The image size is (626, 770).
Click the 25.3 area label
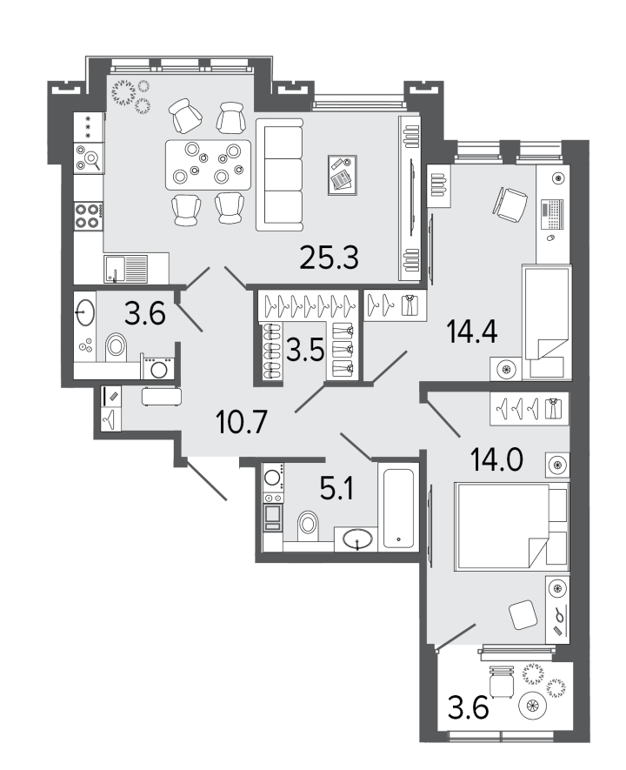(330, 258)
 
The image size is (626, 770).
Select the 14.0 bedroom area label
(496, 459)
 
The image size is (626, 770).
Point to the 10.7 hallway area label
(242, 422)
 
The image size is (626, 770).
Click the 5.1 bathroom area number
(336, 489)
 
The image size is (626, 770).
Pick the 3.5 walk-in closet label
(305, 351)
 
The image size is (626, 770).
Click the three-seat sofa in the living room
(280, 177)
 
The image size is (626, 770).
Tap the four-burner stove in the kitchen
(89, 216)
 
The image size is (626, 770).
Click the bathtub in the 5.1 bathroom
(398, 508)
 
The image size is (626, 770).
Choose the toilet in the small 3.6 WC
(117, 346)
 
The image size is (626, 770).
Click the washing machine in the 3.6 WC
(158, 367)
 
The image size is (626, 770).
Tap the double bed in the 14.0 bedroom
(511, 526)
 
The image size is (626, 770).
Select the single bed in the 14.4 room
(547, 322)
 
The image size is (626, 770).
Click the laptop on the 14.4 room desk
(553, 215)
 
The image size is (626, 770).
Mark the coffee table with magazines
(343, 175)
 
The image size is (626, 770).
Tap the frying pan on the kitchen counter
(90, 158)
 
